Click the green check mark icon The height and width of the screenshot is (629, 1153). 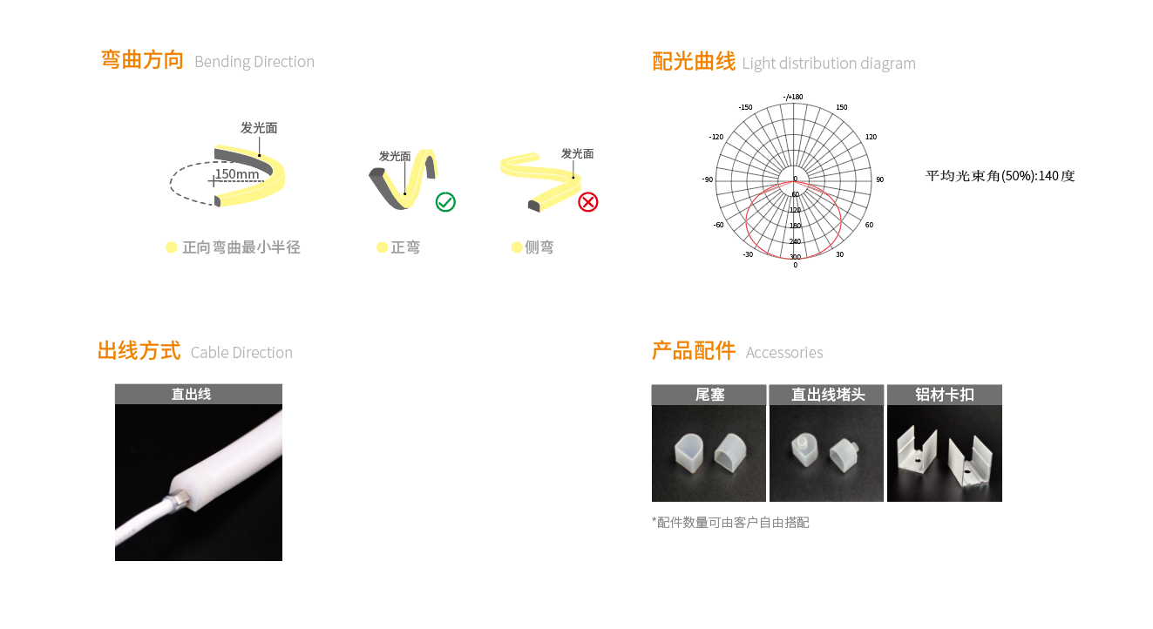point(445,202)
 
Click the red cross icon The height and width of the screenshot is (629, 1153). point(587,202)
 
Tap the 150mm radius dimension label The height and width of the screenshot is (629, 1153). point(237,174)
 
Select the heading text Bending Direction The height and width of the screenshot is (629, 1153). point(254,62)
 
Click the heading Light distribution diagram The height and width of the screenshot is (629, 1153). point(829,64)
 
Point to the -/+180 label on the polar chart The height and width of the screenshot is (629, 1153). point(793,97)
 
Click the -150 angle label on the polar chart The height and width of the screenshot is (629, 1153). point(745,107)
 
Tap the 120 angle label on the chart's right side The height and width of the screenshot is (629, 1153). point(871,137)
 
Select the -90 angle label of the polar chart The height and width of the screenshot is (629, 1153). point(708,179)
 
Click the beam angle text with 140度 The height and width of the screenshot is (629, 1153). point(1000,176)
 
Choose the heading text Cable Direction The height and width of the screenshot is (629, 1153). point(241,353)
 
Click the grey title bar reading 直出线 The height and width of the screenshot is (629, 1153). point(199,394)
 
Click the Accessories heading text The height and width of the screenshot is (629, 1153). point(784,353)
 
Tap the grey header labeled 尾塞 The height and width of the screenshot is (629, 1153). point(709,395)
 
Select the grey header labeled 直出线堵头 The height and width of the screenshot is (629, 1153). point(827,395)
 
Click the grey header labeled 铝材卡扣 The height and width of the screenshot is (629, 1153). point(945,395)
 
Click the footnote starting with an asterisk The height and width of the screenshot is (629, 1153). point(730,523)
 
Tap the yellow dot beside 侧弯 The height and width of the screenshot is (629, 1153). point(517,247)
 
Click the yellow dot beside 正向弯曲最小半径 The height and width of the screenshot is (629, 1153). point(172,247)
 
